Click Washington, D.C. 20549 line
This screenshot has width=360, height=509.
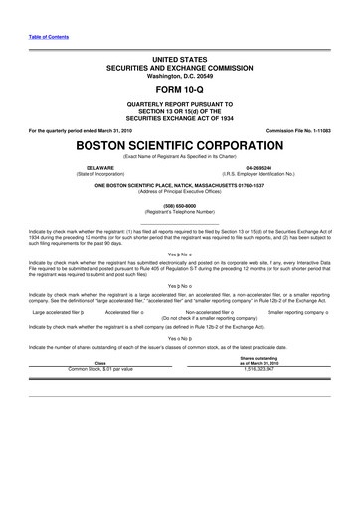(180, 72)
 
